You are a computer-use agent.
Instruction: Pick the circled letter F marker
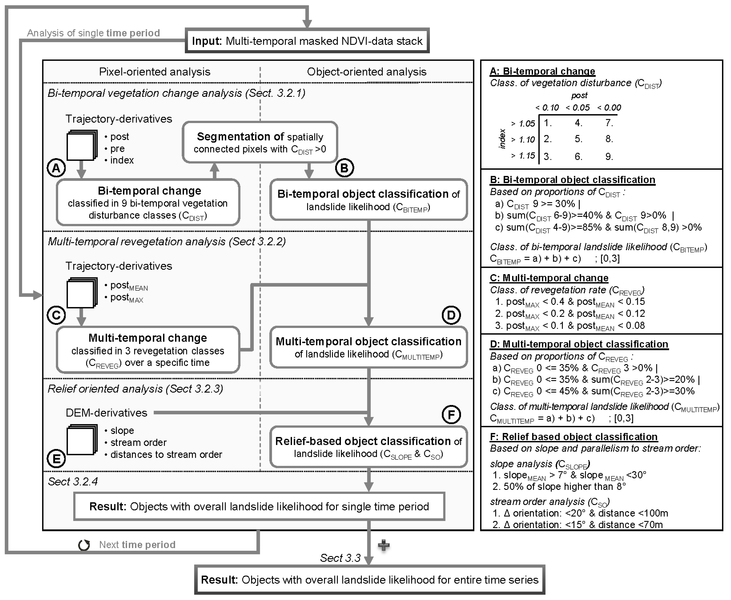pos(451,414)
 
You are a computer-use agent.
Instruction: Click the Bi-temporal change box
pos(148,203)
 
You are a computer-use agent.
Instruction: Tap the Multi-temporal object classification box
pos(368,347)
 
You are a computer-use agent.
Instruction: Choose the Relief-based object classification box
pos(368,447)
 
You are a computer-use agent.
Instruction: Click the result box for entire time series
pos(370,580)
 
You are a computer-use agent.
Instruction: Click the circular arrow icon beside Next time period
pos(84,545)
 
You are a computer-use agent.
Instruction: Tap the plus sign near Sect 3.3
pos(384,545)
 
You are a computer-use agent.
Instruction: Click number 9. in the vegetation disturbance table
pos(609,157)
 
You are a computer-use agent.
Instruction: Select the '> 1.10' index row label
pos(523,140)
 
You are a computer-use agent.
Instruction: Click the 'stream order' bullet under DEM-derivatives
pos(138,442)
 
